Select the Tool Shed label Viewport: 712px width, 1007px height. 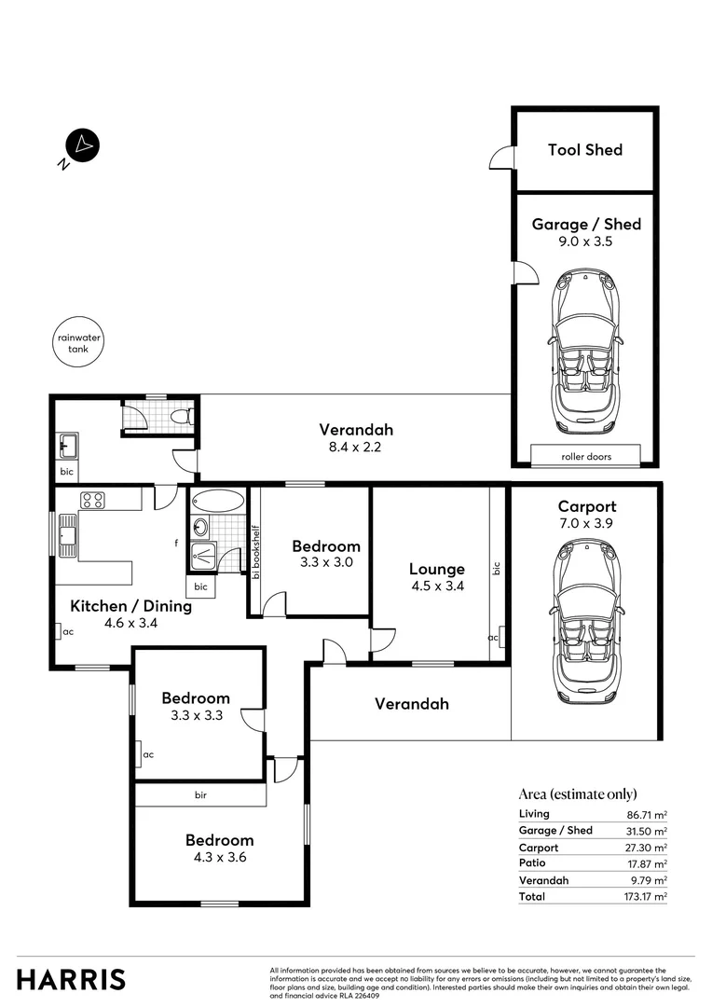[x=584, y=150]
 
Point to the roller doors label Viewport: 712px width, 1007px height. [x=585, y=457]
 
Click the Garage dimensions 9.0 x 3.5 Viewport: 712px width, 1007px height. [x=585, y=241]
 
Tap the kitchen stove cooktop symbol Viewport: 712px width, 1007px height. [x=93, y=500]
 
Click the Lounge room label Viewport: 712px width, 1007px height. [x=436, y=569]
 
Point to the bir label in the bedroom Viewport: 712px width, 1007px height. [x=200, y=795]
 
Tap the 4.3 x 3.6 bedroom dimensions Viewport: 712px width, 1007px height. [x=219, y=857]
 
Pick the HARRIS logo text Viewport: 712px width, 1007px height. [x=71, y=980]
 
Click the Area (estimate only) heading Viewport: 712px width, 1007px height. [x=577, y=794]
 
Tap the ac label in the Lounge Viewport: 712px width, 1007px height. [x=493, y=638]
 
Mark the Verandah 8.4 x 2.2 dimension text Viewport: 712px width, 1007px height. [x=356, y=447]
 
